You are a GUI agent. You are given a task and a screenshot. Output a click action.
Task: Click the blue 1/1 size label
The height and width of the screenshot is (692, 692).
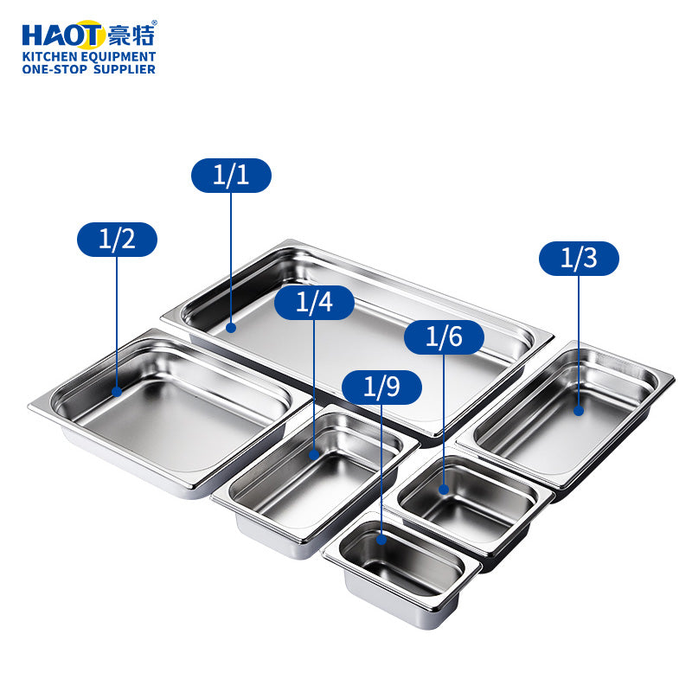click(231, 176)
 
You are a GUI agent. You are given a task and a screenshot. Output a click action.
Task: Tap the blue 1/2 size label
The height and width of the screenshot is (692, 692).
click(118, 240)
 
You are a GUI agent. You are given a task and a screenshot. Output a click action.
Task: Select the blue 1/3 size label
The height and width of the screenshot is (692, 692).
click(579, 259)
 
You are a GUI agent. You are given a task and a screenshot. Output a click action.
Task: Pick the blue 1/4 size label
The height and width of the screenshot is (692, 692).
click(315, 303)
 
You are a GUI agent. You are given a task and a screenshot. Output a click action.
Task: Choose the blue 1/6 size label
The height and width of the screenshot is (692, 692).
click(444, 337)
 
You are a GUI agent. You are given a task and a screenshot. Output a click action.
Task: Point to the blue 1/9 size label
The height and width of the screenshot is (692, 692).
click(381, 387)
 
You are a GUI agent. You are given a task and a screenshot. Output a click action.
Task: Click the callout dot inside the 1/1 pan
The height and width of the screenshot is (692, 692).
click(231, 328)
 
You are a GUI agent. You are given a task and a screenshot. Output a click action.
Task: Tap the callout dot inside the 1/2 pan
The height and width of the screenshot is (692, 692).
click(118, 392)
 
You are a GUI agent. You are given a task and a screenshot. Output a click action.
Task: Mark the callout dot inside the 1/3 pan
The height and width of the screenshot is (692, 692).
click(579, 411)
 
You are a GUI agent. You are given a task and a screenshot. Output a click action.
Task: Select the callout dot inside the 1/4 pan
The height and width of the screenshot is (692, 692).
click(315, 454)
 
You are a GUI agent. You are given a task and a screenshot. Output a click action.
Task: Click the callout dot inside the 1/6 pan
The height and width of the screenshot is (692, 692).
click(444, 490)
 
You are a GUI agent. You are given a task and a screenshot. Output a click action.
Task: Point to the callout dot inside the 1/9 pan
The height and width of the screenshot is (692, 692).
click(381, 539)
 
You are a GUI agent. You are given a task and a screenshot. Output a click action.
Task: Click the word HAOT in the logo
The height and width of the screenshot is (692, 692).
click(62, 35)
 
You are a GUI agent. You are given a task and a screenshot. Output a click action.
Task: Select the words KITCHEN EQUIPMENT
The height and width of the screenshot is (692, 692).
click(89, 56)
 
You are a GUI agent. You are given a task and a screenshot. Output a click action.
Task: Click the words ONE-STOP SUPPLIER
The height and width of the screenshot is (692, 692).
click(89, 69)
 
